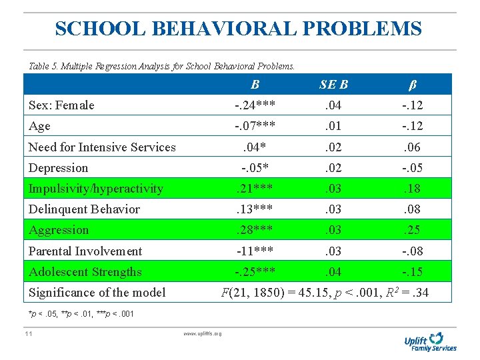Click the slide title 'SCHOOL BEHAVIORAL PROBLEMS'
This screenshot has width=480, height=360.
[238, 29]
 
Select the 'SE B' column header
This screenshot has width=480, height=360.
[333, 84]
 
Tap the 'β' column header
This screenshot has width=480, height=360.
[412, 84]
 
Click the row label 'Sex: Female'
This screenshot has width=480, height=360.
[61, 105]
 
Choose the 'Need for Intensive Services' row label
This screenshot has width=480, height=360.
[102, 147]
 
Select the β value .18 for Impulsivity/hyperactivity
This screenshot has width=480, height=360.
[412, 189]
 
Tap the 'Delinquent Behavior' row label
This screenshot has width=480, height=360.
[84, 209]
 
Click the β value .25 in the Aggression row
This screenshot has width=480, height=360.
[412, 230]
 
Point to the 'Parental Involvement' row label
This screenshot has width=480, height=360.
[85, 251]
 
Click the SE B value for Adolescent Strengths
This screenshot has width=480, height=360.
[333, 272]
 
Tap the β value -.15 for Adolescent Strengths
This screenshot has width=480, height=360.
[412, 272]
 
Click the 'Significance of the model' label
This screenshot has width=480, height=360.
[97, 293]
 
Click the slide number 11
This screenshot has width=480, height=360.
[29, 333]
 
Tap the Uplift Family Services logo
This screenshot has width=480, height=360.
[430, 341]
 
